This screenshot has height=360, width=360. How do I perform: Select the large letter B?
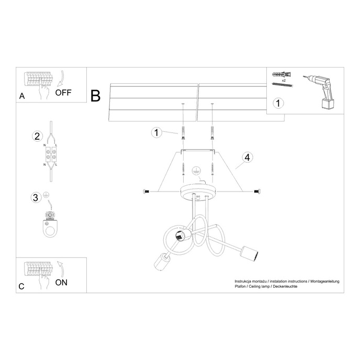click(95, 95)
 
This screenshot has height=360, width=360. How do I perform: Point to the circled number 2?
click(37, 137)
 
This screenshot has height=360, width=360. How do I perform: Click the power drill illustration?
click(322, 91)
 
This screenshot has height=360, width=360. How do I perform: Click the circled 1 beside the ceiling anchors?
click(156, 132)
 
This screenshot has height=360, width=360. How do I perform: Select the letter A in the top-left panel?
click(21, 96)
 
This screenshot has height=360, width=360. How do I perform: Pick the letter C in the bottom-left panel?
click(21, 286)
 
